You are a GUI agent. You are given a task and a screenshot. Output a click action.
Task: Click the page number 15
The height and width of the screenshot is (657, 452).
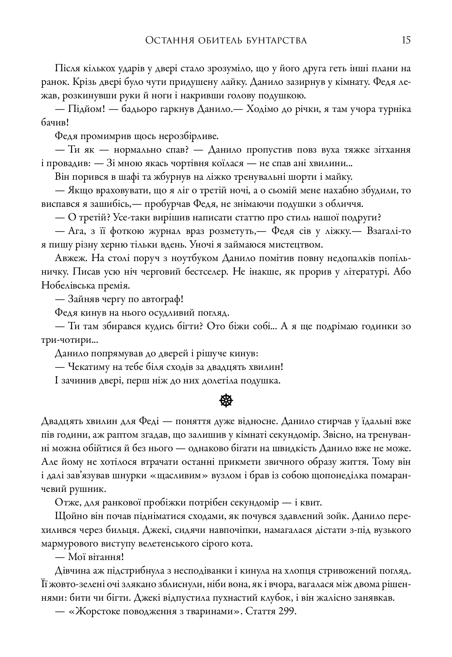[x=406, y=40]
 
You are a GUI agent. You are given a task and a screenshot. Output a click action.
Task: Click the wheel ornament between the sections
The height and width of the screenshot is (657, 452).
[x=226, y=401]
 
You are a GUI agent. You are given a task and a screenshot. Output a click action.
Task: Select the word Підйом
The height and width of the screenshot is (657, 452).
[x=85, y=109]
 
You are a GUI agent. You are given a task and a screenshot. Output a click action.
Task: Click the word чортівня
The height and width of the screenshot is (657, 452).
[x=201, y=163]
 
